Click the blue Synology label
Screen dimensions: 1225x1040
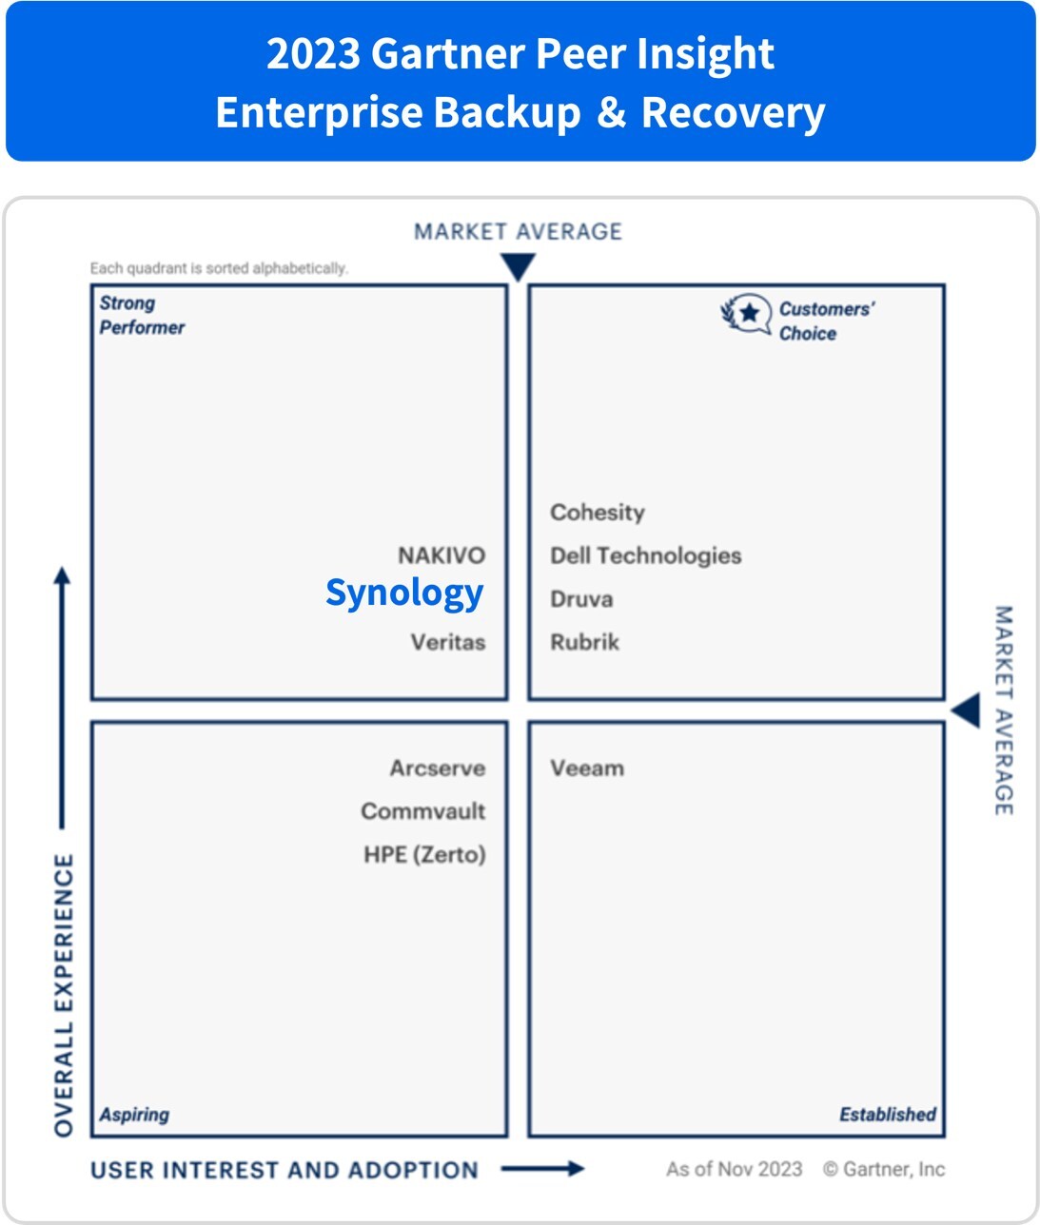(x=404, y=593)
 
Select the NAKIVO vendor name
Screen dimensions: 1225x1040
(x=442, y=555)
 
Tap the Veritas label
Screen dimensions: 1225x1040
(x=448, y=642)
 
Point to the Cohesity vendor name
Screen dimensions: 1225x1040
(x=598, y=513)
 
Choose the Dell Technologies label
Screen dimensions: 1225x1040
(x=646, y=555)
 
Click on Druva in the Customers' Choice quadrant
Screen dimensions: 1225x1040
(x=581, y=599)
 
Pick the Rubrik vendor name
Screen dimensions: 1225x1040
(x=585, y=642)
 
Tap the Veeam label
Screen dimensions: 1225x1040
(x=587, y=768)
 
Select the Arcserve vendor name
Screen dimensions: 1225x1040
(x=438, y=768)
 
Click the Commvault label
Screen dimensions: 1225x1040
(x=423, y=811)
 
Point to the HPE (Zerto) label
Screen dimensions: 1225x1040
(x=424, y=854)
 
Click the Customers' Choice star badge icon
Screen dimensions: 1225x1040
(x=747, y=314)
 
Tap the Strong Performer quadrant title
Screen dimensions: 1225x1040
(x=142, y=315)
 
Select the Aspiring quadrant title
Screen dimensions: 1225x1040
(x=134, y=1115)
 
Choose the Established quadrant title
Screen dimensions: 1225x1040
(x=887, y=1115)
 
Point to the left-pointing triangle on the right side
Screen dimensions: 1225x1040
(x=967, y=710)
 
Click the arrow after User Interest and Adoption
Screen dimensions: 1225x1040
(x=542, y=1169)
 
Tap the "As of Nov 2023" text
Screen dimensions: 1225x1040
(x=734, y=1170)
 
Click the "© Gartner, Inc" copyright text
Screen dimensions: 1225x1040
(x=884, y=1170)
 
